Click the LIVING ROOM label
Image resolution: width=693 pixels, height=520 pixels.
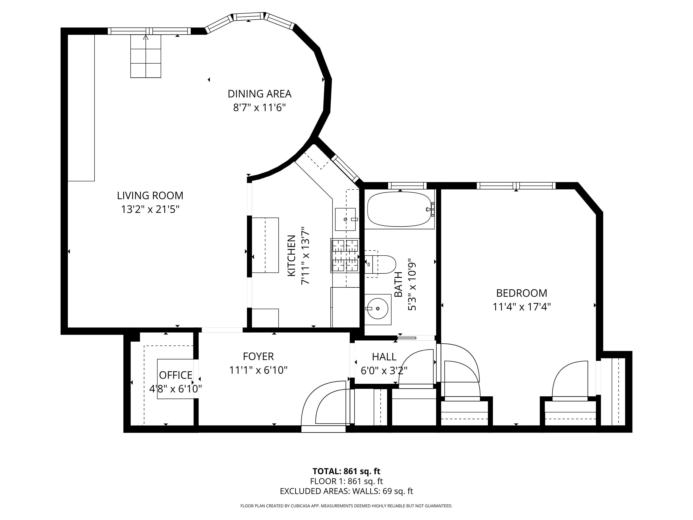tap(150, 196)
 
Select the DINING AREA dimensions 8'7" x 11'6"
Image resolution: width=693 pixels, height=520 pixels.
tap(259, 108)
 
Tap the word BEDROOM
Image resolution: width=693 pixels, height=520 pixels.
tap(522, 293)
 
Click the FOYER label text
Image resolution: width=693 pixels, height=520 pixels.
tap(258, 356)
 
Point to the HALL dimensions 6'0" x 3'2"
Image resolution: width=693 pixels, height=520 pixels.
tap(384, 371)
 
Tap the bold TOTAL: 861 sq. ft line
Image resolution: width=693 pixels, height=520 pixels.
tap(346, 471)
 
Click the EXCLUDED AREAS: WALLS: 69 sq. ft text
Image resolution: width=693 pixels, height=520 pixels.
tap(346, 491)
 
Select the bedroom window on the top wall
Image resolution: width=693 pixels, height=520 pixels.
tap(516, 186)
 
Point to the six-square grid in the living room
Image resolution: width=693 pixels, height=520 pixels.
tap(146, 56)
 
